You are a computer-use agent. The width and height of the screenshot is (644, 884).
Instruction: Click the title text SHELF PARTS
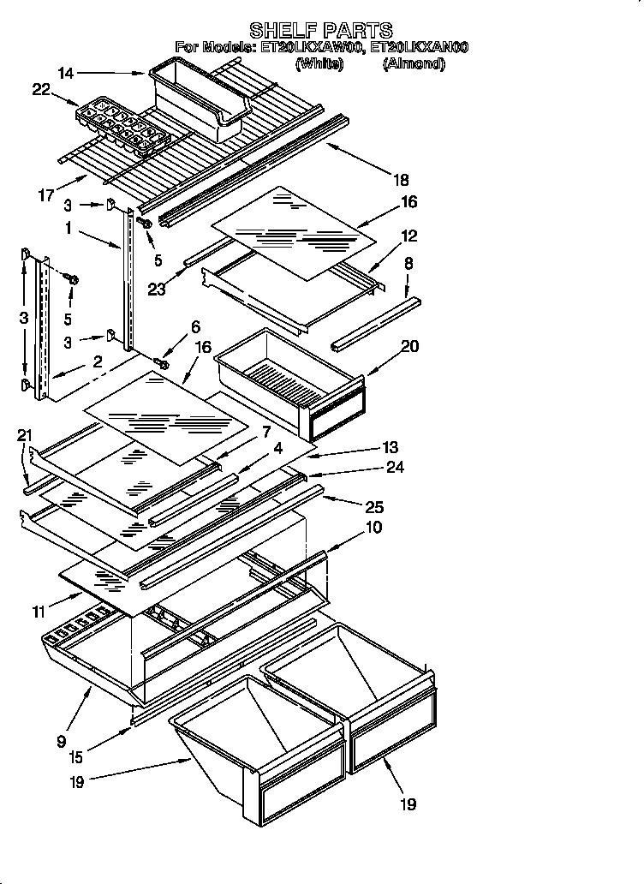coord(321,32)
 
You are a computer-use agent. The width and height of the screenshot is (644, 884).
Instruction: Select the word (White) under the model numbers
coord(319,63)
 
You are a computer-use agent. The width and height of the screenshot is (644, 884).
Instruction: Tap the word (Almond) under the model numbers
coord(414,63)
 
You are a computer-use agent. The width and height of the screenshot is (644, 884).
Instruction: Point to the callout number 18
coord(401,181)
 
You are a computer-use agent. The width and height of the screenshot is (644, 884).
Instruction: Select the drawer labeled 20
coord(291,373)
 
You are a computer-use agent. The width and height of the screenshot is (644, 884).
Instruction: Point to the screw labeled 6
coord(161,365)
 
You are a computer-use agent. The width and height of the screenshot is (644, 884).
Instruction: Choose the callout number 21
coord(24,437)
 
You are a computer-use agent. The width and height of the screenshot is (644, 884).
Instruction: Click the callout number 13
coord(391,447)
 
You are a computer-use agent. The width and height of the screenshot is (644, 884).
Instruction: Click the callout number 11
coord(38,612)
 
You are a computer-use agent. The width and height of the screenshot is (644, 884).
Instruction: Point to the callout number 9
coord(61,742)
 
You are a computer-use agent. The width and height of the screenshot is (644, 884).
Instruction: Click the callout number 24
coord(394,468)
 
